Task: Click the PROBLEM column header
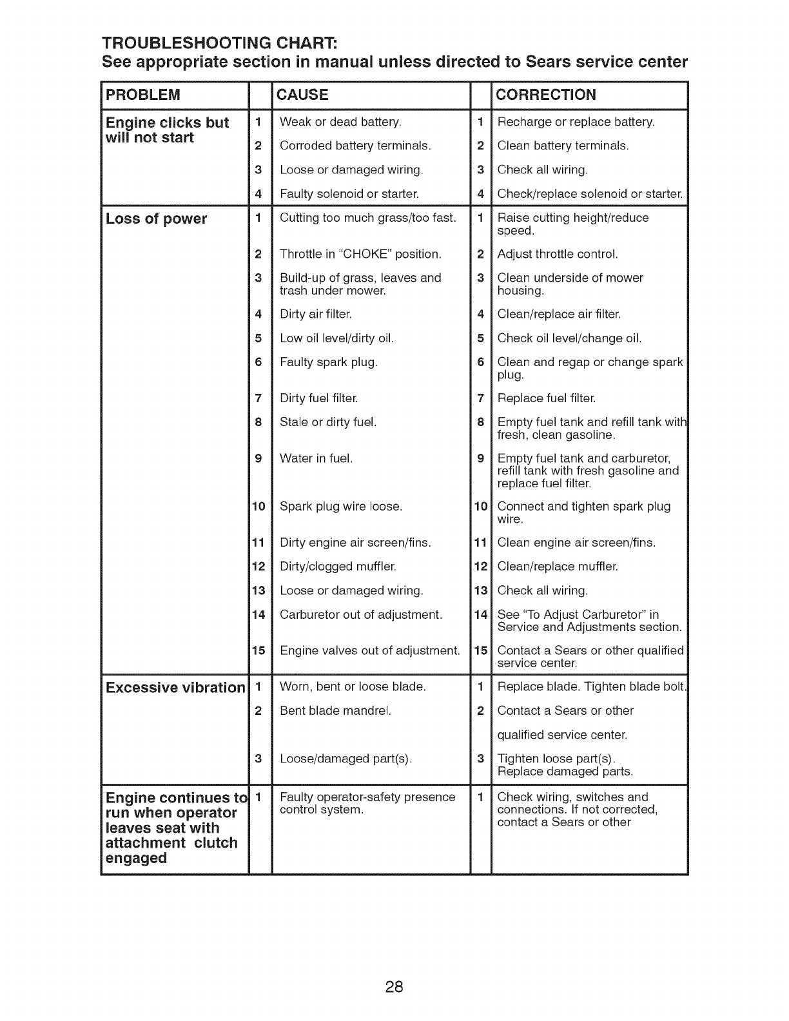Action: [143, 95]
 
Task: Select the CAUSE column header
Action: [302, 95]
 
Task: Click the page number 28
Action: [394, 968]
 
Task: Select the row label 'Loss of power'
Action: [157, 219]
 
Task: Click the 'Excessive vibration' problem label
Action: [175, 688]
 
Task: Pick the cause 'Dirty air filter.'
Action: [316, 315]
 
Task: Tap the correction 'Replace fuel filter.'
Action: [546, 398]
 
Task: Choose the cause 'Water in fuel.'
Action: [316, 459]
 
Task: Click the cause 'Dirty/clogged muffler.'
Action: [338, 567]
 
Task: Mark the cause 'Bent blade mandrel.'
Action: [335, 711]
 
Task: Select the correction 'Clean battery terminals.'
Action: [563, 146]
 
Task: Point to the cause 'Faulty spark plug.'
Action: [328, 362]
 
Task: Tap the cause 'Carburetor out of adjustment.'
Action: [361, 614]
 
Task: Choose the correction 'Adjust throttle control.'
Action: [558, 254]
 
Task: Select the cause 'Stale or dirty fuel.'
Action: [327, 422]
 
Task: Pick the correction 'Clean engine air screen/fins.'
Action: [576, 543]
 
